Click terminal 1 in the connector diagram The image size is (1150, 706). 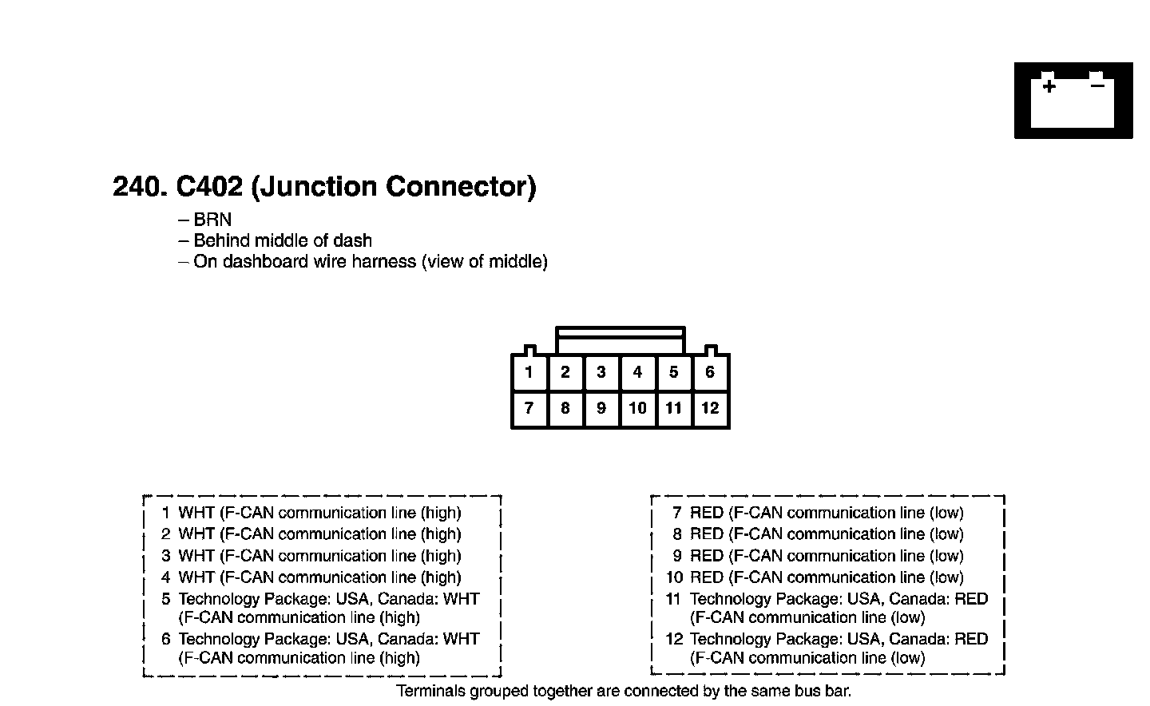pos(529,372)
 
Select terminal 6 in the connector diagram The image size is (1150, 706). pos(710,372)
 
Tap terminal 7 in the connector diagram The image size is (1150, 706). pos(529,408)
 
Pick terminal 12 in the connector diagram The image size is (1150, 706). pos(710,408)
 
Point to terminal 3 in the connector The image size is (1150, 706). pos(601,372)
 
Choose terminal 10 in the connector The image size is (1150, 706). pos(637,408)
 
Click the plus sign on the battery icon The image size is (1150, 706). pos(1049,85)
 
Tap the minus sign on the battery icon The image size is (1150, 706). pos(1097,85)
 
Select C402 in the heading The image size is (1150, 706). pos(209,186)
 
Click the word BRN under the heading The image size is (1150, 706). pos(212,220)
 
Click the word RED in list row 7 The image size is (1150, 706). pos(707,513)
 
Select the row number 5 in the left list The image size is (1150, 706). pos(166,599)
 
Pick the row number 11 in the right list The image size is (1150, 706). pos(673,599)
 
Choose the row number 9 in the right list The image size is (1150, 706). pos(677,556)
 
